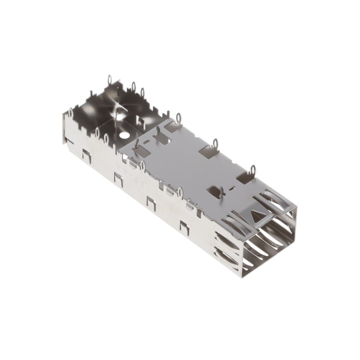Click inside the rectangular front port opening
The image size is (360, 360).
[x=268, y=245]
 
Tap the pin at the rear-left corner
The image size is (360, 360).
[x=71, y=112]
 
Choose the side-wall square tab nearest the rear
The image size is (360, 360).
[x=86, y=156]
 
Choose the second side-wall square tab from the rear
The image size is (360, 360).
[x=119, y=179]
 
